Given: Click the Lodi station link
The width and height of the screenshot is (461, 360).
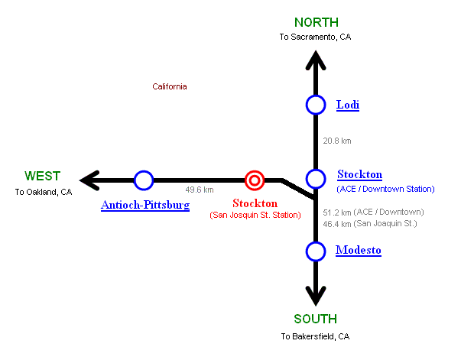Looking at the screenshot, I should click(347, 105).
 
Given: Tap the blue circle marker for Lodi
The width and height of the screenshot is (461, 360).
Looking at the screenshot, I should click(315, 105).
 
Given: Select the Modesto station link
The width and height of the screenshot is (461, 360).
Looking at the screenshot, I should click(358, 250).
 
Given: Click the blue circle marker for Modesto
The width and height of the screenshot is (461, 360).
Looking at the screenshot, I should click(315, 251).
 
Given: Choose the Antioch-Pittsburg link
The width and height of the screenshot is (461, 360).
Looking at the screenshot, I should click(145, 205).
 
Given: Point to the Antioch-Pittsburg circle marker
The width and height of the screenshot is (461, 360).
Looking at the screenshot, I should click(144, 180).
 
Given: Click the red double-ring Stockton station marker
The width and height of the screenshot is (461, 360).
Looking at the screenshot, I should click(255, 180).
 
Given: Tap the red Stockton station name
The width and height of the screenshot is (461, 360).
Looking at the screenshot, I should click(255, 203).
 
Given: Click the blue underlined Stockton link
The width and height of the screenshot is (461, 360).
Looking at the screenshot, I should click(359, 174).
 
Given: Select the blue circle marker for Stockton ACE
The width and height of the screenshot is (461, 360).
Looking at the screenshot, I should click(315, 179).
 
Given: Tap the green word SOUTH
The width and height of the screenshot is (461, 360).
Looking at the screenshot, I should click(314, 319).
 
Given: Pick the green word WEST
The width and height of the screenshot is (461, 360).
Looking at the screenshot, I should click(42, 176).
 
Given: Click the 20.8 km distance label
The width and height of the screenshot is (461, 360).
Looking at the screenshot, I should click(337, 141).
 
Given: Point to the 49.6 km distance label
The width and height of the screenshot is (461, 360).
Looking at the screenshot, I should click(200, 190).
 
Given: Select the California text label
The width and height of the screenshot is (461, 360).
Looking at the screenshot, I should click(170, 86).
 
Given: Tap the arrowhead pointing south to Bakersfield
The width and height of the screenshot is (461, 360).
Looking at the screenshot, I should click(315, 297).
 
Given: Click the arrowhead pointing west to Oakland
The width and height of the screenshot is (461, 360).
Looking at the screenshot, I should click(90, 180).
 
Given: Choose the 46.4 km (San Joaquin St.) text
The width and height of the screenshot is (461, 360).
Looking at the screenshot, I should click(369, 224).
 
